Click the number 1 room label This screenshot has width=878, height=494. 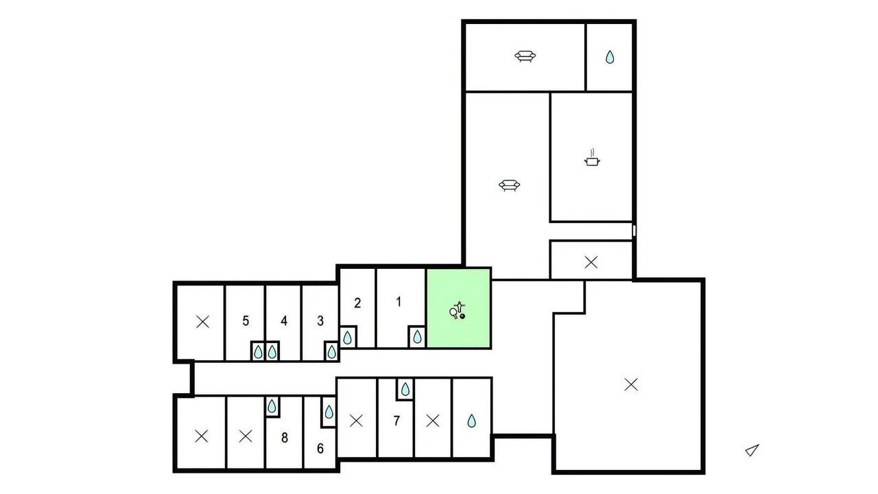[x=399, y=302]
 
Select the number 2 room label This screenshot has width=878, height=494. [x=357, y=303]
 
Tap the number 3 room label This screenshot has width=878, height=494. [x=320, y=321]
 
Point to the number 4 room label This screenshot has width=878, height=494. [x=284, y=321]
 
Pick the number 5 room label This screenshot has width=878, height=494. [x=246, y=321]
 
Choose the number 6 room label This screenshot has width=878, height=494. [x=320, y=449]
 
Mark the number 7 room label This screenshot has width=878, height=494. [x=396, y=421]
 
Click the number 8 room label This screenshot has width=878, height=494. [x=285, y=438]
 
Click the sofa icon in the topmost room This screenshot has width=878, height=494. [x=525, y=56]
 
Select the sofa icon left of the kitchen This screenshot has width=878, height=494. [x=509, y=185]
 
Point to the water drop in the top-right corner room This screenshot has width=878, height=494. [x=610, y=57]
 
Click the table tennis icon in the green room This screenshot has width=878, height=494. [x=458, y=311]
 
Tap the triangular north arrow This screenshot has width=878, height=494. [x=752, y=451]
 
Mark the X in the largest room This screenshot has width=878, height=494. [x=631, y=385]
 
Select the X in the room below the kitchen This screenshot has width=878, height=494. [x=591, y=262]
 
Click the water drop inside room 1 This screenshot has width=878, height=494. [x=418, y=337]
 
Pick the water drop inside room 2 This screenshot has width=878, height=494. [x=347, y=338]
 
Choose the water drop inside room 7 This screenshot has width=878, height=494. [x=405, y=389]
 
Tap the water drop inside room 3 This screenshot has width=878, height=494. [x=331, y=352]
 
